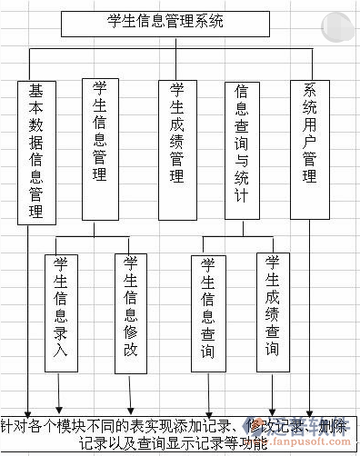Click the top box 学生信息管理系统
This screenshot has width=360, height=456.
(x=165, y=23)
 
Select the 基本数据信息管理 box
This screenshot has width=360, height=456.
(x=36, y=151)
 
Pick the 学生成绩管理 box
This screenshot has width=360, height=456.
(x=177, y=133)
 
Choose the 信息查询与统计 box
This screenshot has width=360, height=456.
(x=242, y=149)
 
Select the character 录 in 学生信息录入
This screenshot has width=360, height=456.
(x=61, y=336)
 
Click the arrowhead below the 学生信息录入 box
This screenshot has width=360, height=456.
(x=61, y=406)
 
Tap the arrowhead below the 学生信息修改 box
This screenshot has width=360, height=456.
(x=131, y=406)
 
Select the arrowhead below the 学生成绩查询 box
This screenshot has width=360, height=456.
(x=273, y=408)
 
